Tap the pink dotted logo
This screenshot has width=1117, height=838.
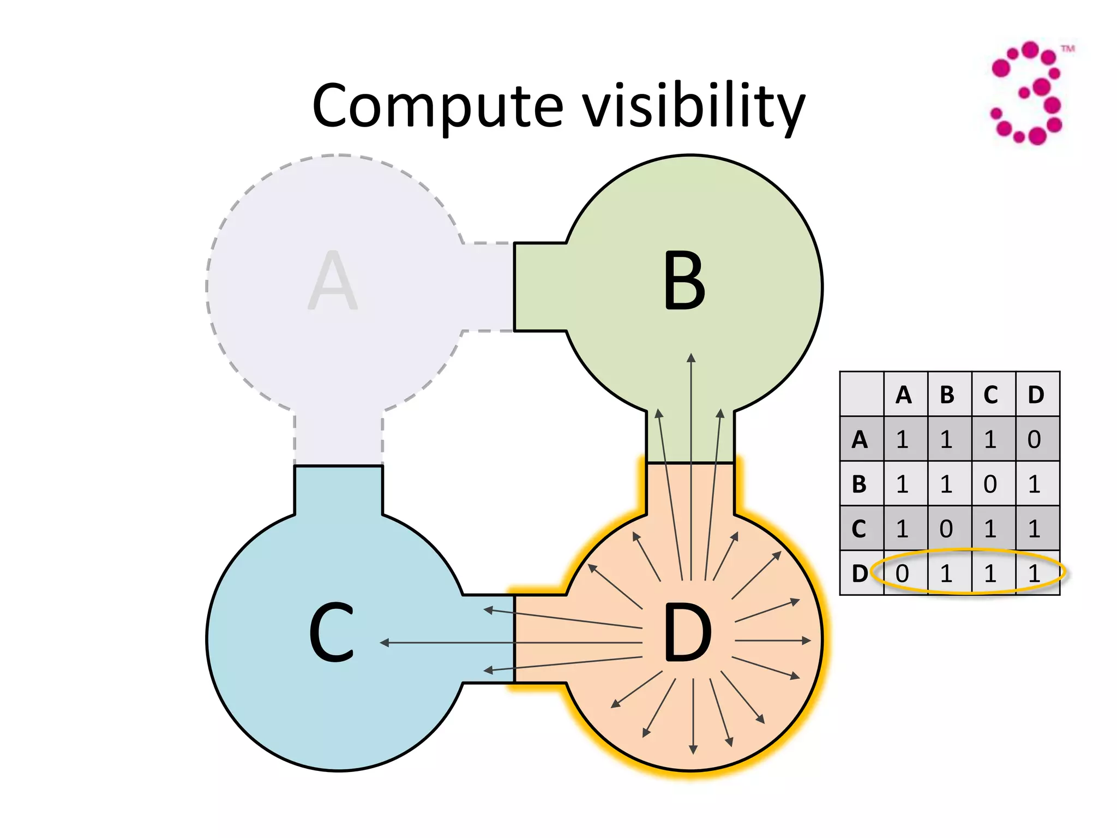[x=1028, y=93]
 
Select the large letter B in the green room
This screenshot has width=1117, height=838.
[x=684, y=281]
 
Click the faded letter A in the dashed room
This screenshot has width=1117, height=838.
[x=333, y=281]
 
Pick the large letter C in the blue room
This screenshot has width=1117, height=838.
[x=332, y=633]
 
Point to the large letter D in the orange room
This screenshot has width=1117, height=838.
[x=687, y=633]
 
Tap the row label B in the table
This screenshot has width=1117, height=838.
[x=859, y=484]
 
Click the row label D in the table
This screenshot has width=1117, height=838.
[x=860, y=573]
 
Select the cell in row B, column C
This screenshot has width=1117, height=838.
[x=990, y=484]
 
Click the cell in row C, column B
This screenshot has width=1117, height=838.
[x=946, y=529]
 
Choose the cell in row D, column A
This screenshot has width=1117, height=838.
[x=903, y=573]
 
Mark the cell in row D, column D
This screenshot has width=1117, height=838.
[x=1034, y=573]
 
